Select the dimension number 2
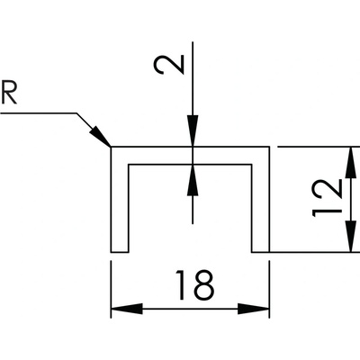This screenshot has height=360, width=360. click(168, 65)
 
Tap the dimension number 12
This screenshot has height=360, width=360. click(327, 198)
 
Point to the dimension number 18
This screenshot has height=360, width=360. click(195, 285)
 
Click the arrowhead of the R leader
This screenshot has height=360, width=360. click(102, 137)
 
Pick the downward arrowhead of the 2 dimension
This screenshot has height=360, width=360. click(193, 131)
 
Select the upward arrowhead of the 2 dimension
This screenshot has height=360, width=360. click(193, 180)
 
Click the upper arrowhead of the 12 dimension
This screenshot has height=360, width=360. click(350, 163)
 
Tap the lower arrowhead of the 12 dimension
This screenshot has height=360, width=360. click(350, 236)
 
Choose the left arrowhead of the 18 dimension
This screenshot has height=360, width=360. click(127, 309)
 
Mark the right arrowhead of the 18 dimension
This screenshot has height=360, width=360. click(254, 309)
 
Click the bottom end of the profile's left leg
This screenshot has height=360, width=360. click(120, 252)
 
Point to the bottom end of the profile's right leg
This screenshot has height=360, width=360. click(260, 252)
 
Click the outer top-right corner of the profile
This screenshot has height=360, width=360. click(269, 147)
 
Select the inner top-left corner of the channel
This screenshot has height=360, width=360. click(129, 165)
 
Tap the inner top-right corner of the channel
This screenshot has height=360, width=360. click(252, 165)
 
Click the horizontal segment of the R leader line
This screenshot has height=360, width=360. click(39, 113)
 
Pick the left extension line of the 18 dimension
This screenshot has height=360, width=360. click(112, 289)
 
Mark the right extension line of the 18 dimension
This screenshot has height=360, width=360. click(269, 289)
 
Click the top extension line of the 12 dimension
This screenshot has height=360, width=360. click(319, 147)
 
